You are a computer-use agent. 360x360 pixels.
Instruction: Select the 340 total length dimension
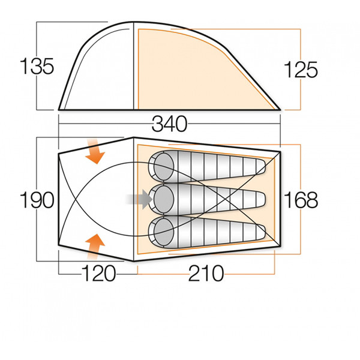click(169, 125)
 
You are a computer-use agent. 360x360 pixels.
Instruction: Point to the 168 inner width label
click(301, 200)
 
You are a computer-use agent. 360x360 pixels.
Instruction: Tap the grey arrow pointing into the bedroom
click(139, 199)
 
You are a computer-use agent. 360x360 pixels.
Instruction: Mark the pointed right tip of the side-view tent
click(280, 109)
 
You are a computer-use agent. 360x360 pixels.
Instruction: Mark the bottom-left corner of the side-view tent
click(59, 109)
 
